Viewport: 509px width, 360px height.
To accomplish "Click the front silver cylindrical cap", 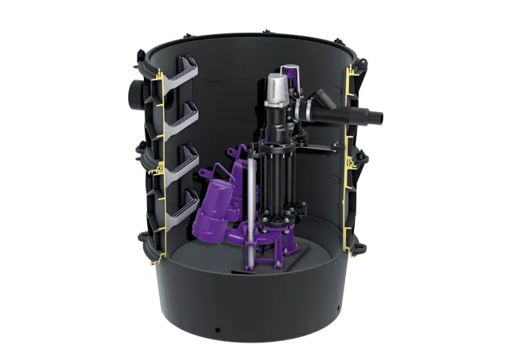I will click(x=277, y=87).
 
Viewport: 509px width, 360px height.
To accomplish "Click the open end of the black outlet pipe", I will click(x=383, y=118).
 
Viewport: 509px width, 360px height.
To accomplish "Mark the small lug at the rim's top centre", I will click(x=267, y=29).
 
